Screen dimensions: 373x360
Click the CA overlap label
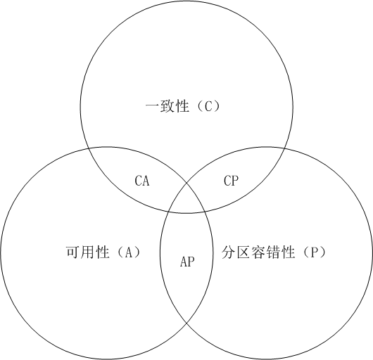tap(142, 181)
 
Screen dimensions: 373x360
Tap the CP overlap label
tap(231, 181)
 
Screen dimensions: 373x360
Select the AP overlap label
tap(187, 262)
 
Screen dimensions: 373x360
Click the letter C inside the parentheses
tap(208, 106)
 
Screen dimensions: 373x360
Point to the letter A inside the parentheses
tap(129, 252)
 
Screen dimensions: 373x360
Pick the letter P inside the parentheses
tap(314, 252)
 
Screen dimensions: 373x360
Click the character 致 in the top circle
tap(167, 106)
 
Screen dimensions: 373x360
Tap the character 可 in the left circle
tap(72, 252)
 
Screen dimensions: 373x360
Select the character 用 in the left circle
tap(87, 252)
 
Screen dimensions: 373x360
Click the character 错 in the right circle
tap(273, 252)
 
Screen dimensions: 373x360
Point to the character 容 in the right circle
tap(258, 252)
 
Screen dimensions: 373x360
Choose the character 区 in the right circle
tap(244, 252)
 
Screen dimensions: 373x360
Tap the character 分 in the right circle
tap(229, 252)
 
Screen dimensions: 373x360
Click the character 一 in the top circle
tap(153, 106)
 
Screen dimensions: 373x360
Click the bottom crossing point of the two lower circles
tap(186, 323)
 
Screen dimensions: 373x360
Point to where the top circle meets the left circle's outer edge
tap(89, 149)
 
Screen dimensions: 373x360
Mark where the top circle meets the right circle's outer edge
tap(284, 149)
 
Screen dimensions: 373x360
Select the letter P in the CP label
tap(235, 181)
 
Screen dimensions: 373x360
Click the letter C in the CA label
tap(138, 181)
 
